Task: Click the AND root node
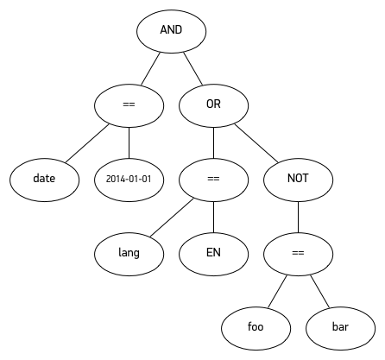[x=171, y=29]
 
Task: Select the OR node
[x=213, y=104]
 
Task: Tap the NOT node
[x=298, y=180]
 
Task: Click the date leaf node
[x=44, y=180]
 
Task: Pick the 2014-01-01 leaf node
[x=129, y=180]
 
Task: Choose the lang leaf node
[x=129, y=254]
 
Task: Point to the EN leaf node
[x=213, y=254]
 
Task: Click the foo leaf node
[x=256, y=329]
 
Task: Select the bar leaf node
[x=340, y=329]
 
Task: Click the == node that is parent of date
[x=129, y=104]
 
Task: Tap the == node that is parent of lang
[x=213, y=180]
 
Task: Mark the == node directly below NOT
[x=298, y=254]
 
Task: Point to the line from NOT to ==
[x=298, y=217]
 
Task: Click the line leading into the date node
[x=86, y=142]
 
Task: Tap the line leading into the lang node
[x=171, y=217]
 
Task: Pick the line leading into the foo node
[x=276, y=292]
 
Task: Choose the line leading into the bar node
[x=319, y=292]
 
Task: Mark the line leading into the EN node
[x=213, y=217]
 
